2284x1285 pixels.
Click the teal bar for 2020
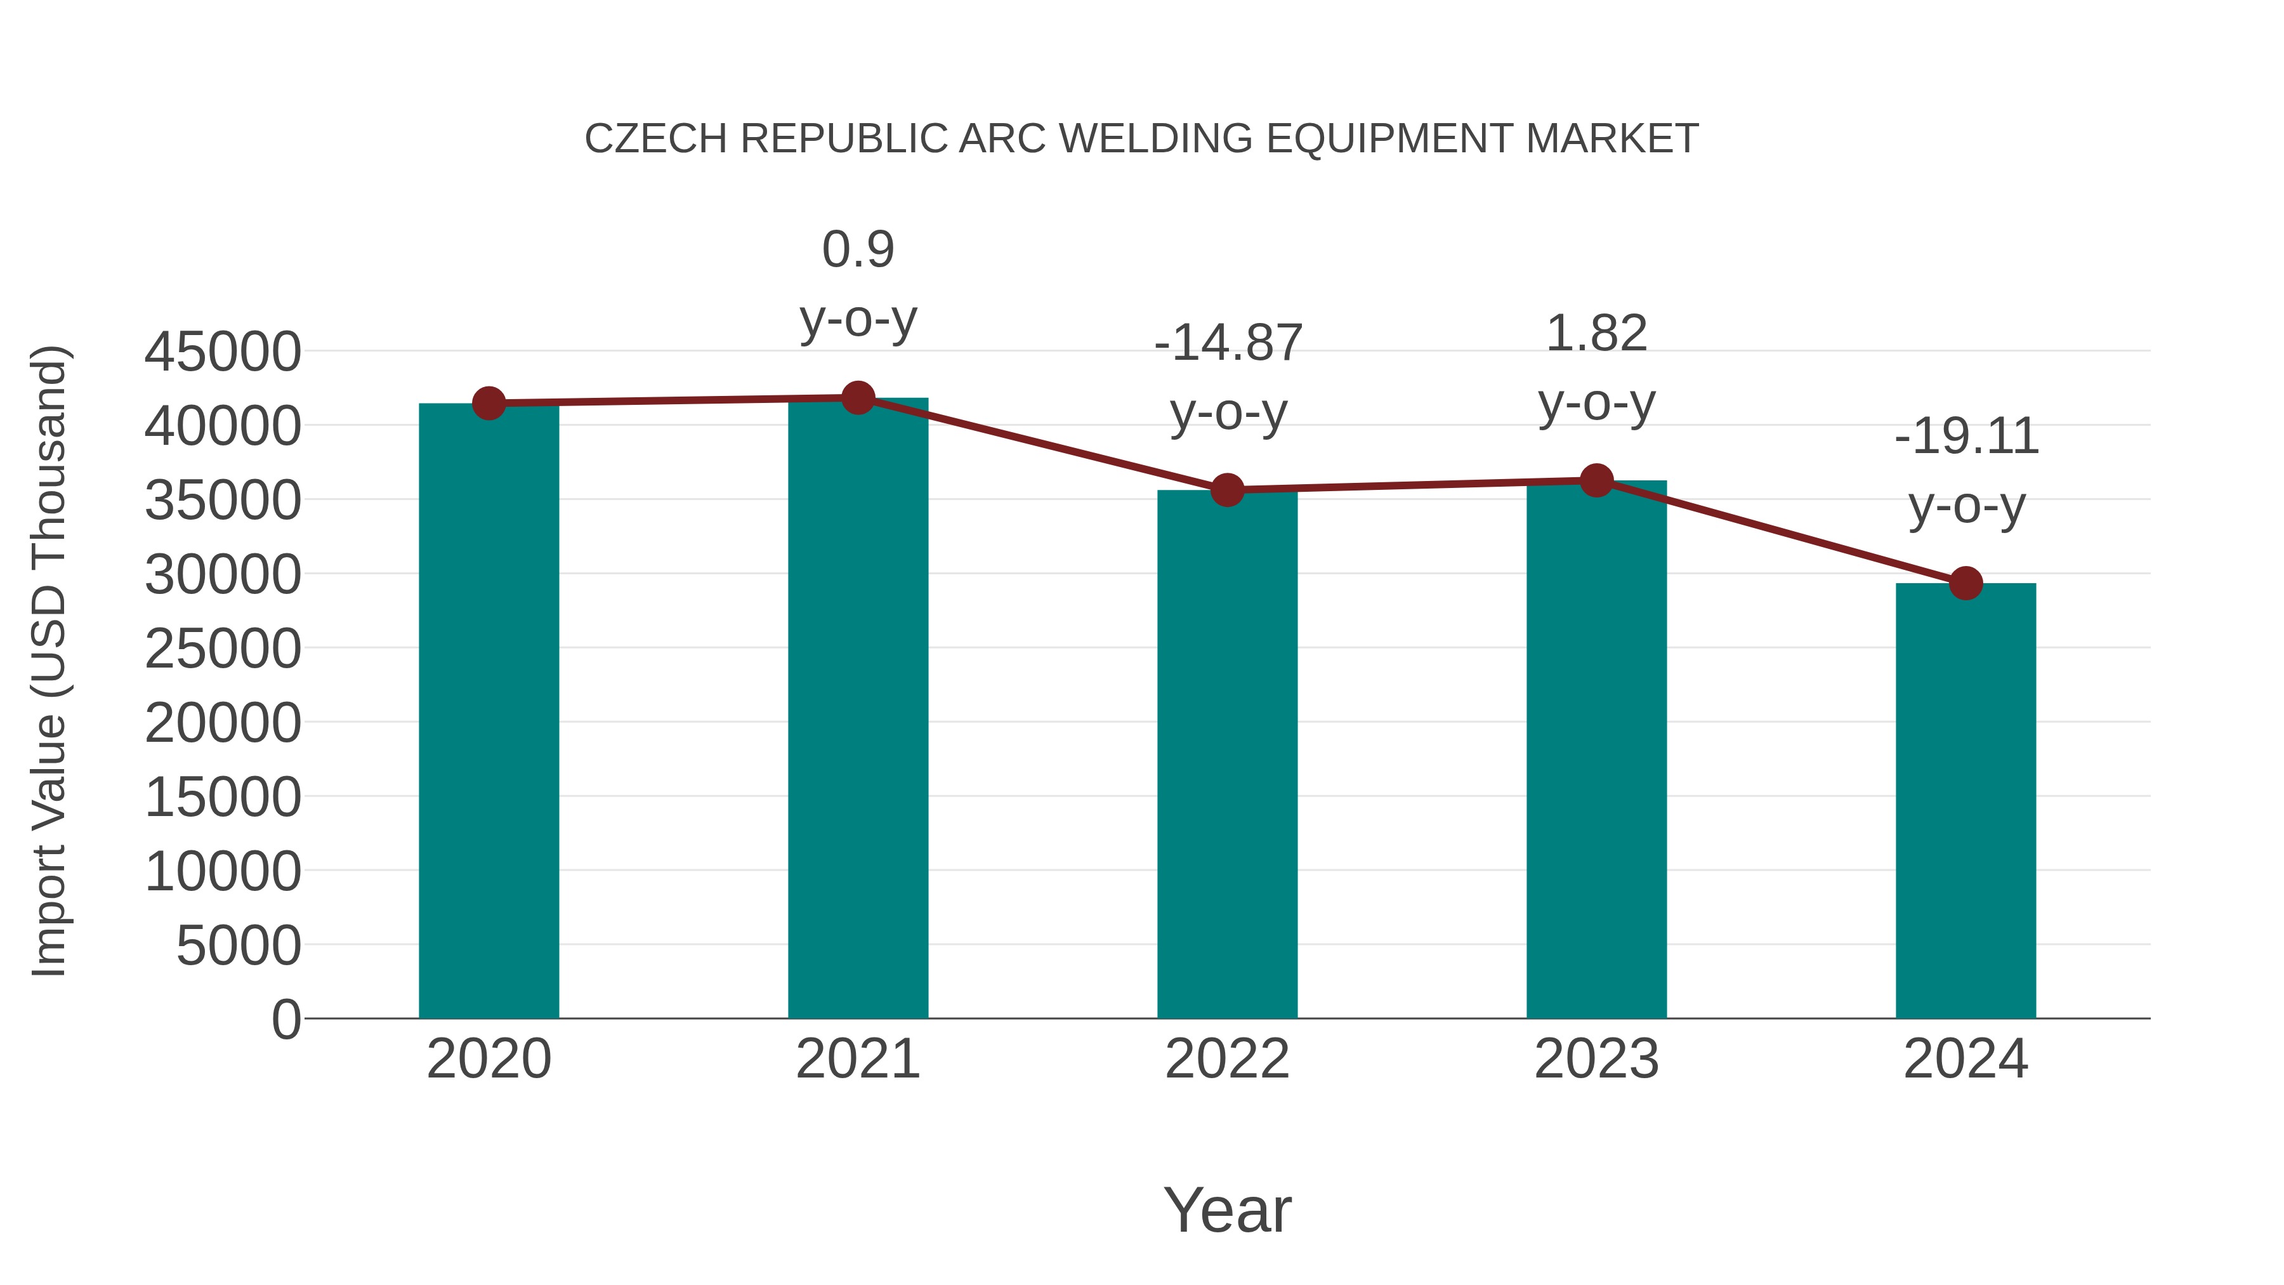pyautogui.click(x=489, y=709)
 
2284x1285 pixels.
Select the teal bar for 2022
pyautogui.click(x=1227, y=754)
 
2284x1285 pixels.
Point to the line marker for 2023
pyautogui.click(x=1596, y=480)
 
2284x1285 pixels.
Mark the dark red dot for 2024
pyautogui.click(x=1966, y=584)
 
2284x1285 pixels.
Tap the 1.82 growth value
pyautogui.click(x=1596, y=334)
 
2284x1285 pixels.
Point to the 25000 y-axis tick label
pyautogui.click(x=223, y=649)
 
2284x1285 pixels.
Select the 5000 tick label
pyautogui.click(x=239, y=946)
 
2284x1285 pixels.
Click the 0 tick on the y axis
pyautogui.click(x=285, y=1019)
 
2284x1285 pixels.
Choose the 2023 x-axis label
pyautogui.click(x=1596, y=1059)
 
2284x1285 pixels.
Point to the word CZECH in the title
pyautogui.click(x=656, y=139)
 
